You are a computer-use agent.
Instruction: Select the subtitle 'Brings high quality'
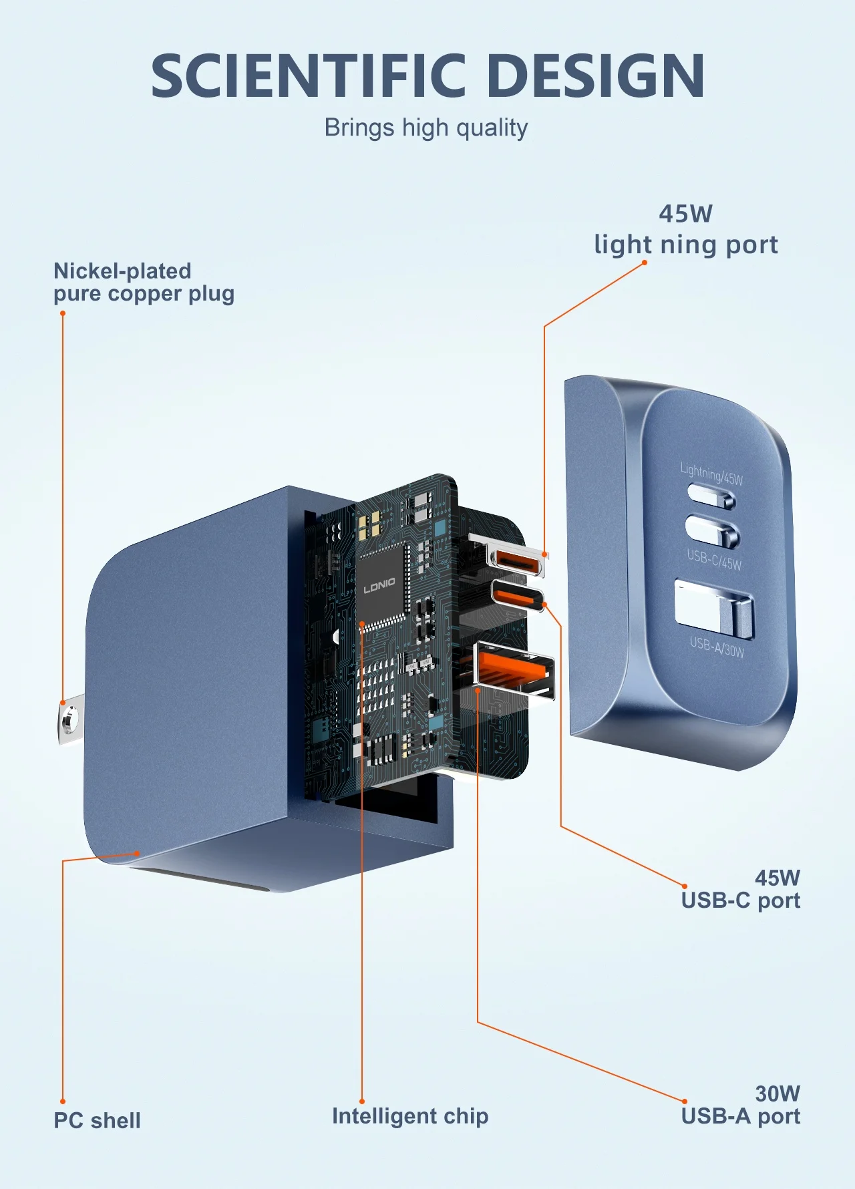tap(426, 128)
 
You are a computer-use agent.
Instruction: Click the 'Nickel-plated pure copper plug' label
tap(144, 283)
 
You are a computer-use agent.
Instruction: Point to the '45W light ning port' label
tap(686, 230)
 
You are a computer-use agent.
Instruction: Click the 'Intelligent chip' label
tap(410, 1116)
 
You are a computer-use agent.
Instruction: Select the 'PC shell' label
tap(97, 1121)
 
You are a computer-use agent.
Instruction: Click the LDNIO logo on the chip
tap(379, 586)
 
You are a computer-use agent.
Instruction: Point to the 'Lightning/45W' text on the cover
tap(711, 474)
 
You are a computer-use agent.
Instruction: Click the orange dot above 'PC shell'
tap(63, 1101)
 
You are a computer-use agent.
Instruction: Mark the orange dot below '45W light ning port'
tap(645, 263)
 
